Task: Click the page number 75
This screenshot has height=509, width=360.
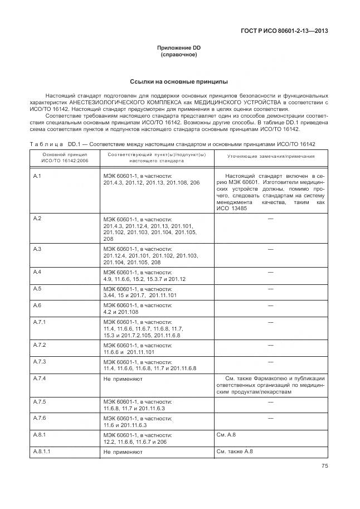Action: pyautogui.click(x=324, y=467)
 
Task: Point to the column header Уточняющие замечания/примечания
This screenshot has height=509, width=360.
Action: pyautogui.click(x=270, y=157)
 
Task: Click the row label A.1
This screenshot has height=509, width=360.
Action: pyautogui.click(x=38, y=176)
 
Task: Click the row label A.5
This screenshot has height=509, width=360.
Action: pyautogui.click(x=38, y=289)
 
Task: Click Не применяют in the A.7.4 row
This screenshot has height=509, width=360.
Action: pyautogui.click(x=123, y=379)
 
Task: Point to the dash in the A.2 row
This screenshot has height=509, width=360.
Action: pyautogui.click(x=270, y=219)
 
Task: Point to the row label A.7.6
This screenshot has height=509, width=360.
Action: pyautogui.click(x=40, y=418)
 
